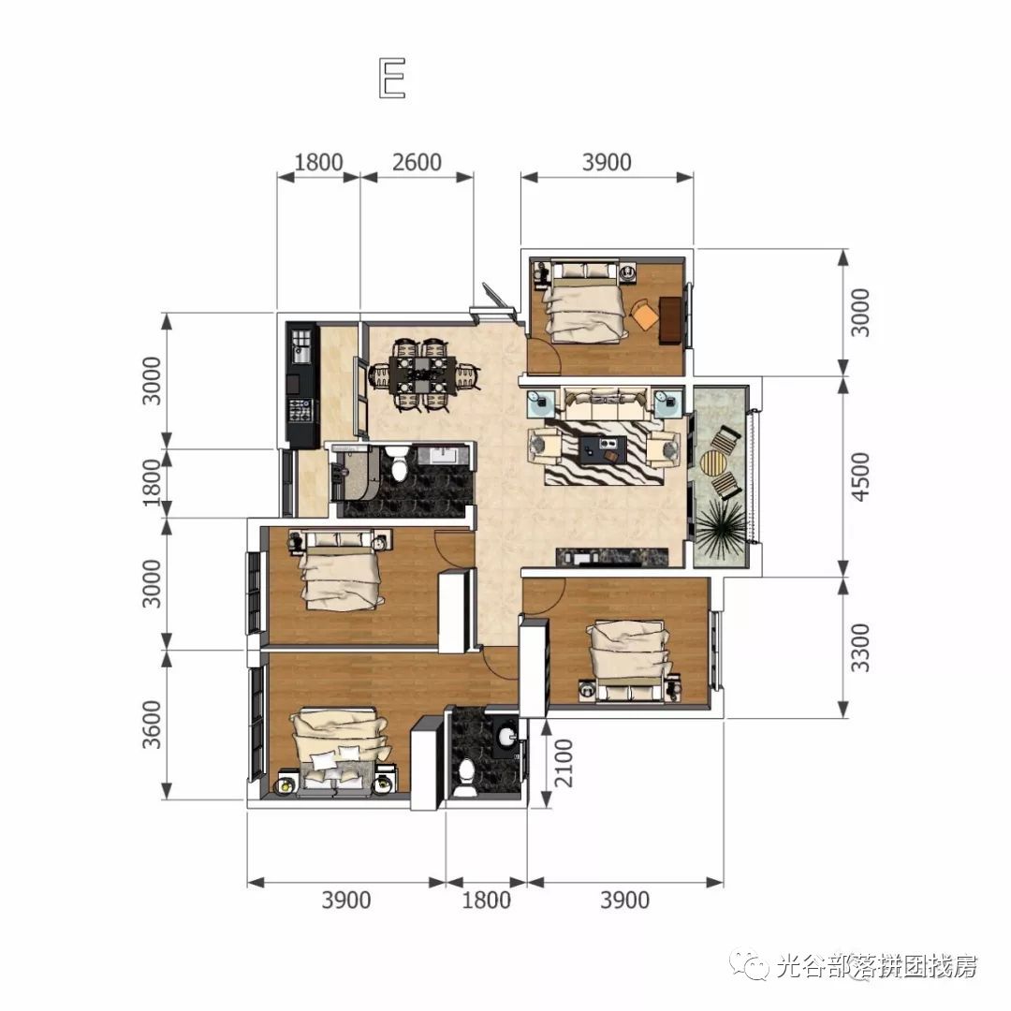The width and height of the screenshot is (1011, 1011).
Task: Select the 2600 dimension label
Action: tap(417, 161)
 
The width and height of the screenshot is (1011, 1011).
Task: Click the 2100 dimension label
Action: tap(559, 762)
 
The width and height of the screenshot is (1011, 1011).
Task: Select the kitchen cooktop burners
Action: tap(302, 412)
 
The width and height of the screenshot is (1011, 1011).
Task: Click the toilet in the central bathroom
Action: tap(400, 464)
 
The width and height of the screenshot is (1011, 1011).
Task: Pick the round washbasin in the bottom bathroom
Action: tap(506, 735)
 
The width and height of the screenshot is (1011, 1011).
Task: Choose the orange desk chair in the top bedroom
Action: tap(644, 313)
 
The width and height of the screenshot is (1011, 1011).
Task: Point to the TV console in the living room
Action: tap(613, 557)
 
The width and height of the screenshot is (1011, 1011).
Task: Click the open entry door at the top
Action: tap(495, 299)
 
